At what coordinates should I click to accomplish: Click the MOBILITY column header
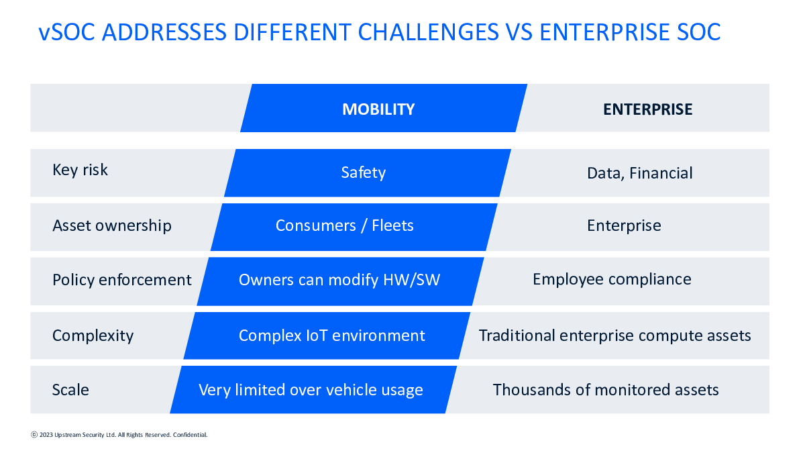(378, 109)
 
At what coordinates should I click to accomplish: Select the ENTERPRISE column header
(647, 109)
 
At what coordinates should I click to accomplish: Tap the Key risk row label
(80, 170)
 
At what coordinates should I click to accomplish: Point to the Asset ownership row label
(112, 226)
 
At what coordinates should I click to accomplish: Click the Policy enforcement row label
(122, 280)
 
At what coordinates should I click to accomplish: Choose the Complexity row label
(93, 336)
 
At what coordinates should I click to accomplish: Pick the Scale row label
(70, 390)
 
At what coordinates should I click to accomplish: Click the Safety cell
(364, 173)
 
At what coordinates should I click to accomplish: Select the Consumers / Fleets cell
(344, 225)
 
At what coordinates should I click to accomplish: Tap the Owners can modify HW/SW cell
(339, 280)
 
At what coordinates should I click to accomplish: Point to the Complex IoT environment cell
(331, 336)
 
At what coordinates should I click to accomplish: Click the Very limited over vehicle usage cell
(311, 390)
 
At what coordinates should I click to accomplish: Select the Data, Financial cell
(640, 173)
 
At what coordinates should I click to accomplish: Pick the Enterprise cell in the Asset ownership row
(624, 226)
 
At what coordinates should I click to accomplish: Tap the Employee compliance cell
(612, 280)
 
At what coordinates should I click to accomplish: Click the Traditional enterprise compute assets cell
(614, 336)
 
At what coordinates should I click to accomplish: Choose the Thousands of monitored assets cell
(606, 390)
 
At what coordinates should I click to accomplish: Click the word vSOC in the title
(67, 32)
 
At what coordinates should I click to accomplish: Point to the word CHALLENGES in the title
(428, 32)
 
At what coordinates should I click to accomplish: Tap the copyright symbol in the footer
(34, 435)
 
